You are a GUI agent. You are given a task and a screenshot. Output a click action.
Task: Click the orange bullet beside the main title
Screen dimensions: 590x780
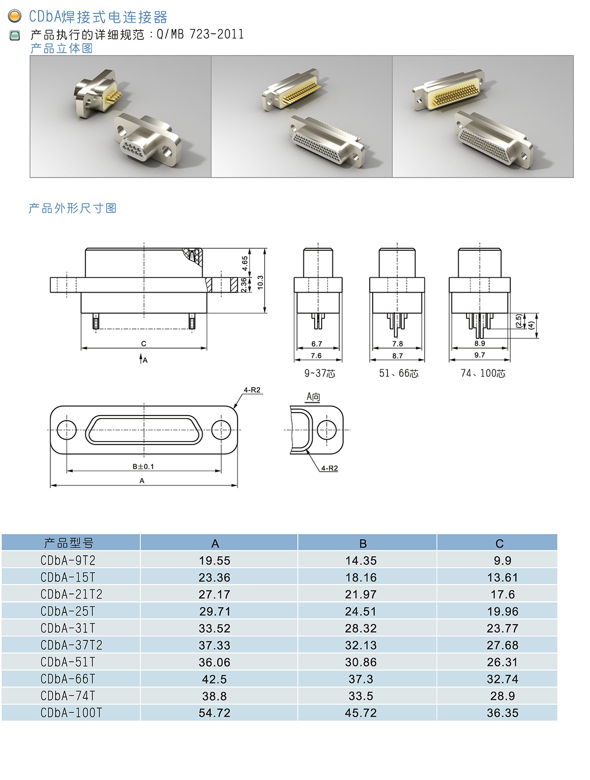click(x=15, y=16)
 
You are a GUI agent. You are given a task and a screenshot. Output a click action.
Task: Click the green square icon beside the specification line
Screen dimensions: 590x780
click(x=15, y=35)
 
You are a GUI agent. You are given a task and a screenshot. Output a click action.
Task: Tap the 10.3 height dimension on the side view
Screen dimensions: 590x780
click(x=260, y=282)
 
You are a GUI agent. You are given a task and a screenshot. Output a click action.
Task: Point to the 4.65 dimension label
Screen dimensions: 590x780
click(x=245, y=263)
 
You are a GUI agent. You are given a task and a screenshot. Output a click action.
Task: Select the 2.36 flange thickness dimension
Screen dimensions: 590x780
click(x=244, y=285)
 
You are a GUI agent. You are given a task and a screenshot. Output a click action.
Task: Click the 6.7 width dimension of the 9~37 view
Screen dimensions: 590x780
click(x=317, y=344)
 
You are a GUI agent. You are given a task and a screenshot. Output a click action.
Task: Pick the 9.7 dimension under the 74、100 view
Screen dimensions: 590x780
click(x=479, y=355)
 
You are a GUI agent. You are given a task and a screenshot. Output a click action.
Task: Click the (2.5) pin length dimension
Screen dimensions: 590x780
click(x=519, y=321)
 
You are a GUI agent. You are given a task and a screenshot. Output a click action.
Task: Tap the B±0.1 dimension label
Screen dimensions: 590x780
click(x=143, y=466)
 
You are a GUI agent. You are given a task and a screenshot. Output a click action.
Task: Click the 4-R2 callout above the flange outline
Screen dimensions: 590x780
click(x=252, y=390)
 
